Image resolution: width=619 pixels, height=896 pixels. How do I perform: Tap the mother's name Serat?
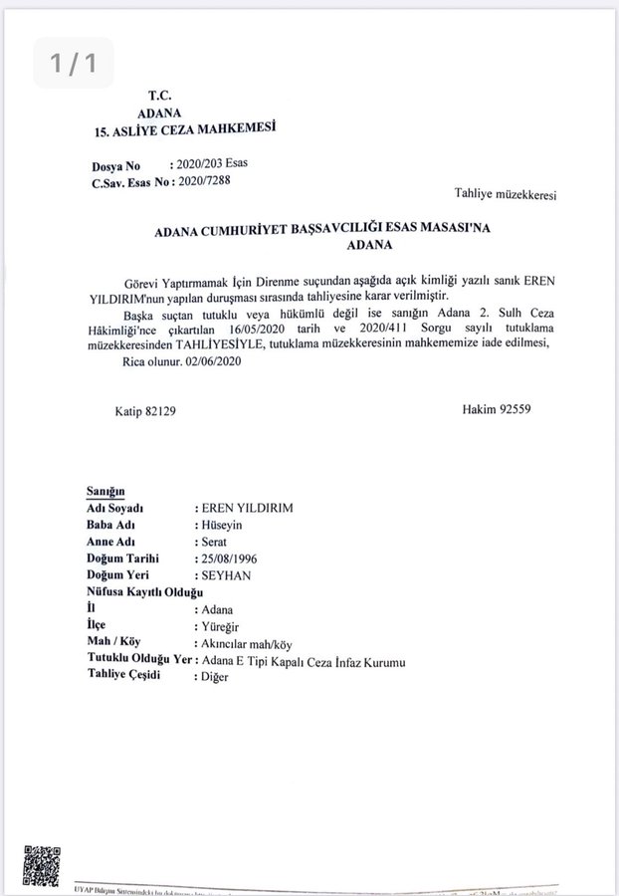216,542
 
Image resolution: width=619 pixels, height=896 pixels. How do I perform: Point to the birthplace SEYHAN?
226,576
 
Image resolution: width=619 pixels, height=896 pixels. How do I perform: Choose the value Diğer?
216,678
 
